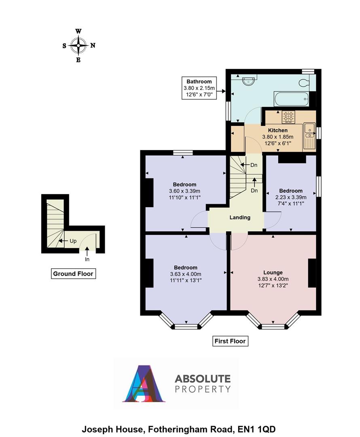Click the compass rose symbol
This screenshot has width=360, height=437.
[78, 46]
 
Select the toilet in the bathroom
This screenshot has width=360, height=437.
[305, 83]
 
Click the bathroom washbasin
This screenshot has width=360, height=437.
[248, 81]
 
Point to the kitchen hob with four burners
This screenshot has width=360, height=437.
[288, 117]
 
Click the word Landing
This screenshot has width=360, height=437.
[240, 217]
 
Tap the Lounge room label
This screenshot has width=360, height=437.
[273, 272]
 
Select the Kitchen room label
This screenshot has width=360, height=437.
[278, 130]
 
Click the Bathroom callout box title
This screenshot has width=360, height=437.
[199, 81]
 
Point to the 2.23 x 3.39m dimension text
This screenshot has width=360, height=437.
[290, 197]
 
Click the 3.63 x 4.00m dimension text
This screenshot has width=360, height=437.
[186, 274]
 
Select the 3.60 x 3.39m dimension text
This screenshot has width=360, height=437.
[184, 191]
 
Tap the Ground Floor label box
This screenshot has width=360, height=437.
[73, 274]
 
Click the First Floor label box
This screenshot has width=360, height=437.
[230, 341]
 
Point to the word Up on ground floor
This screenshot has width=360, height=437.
[73, 241]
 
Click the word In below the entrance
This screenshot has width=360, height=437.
[87, 259]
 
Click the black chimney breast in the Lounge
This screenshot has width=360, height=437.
[312, 273]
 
